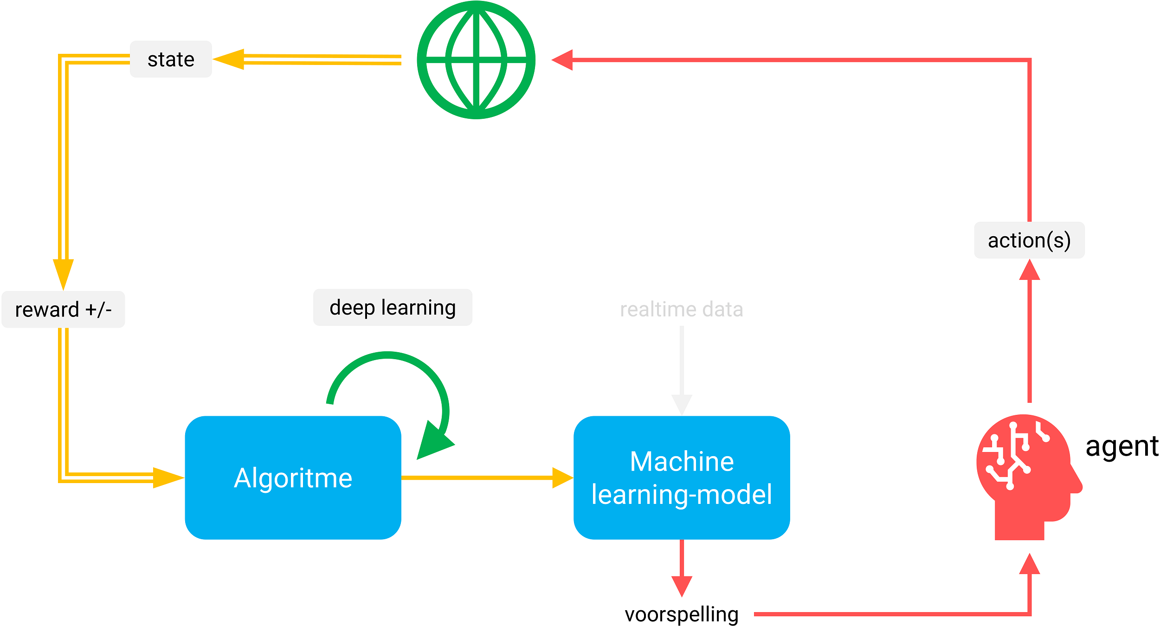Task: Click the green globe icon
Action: [x=476, y=60]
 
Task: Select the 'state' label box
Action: [x=171, y=59]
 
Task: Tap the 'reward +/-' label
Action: [x=63, y=310]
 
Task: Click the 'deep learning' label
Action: [x=393, y=307]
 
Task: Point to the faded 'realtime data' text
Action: [x=681, y=310]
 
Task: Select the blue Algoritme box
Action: [x=293, y=478]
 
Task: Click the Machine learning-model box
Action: [x=682, y=478]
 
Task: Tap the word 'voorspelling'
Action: [x=682, y=614]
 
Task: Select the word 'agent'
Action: [x=1121, y=446]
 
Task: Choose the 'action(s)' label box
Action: [x=1029, y=240]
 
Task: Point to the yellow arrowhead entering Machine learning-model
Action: [x=562, y=478]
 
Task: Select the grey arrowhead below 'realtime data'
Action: [x=682, y=404]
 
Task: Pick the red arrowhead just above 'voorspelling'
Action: [x=682, y=585]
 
